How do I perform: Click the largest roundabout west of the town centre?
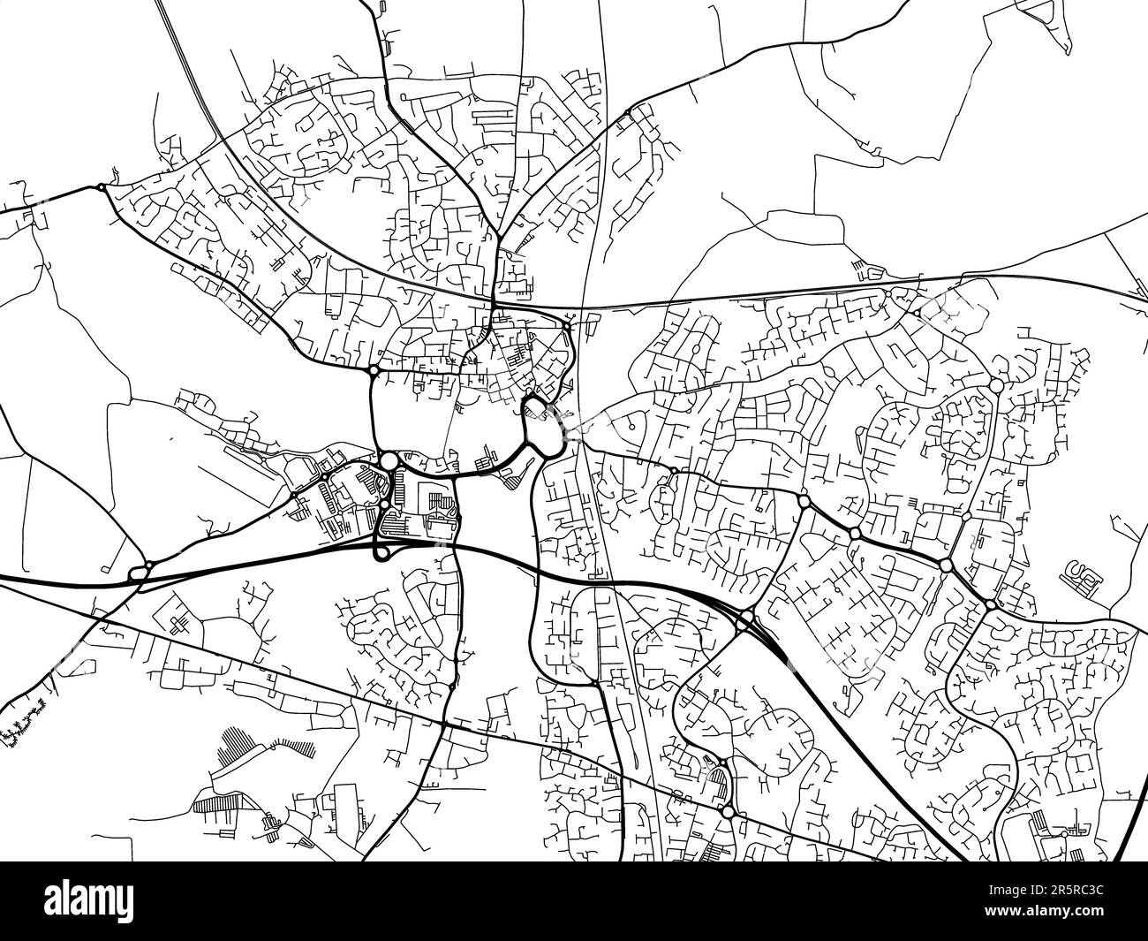[x=389, y=460]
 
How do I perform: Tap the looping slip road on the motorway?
[x=381, y=551]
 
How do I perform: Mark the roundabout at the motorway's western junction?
[x=139, y=574]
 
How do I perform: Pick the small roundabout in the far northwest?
[x=102, y=186]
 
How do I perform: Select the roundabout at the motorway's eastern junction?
[x=747, y=617]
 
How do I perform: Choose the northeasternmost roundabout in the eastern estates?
[x=995, y=385]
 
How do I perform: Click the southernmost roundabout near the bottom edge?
[x=728, y=811]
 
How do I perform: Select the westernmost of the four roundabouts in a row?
[x=804, y=501]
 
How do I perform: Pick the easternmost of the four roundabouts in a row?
[x=990, y=604]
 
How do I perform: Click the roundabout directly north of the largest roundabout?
[x=374, y=369]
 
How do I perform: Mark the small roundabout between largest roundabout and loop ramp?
[x=385, y=505]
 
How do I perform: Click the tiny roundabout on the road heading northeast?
[x=627, y=112]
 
